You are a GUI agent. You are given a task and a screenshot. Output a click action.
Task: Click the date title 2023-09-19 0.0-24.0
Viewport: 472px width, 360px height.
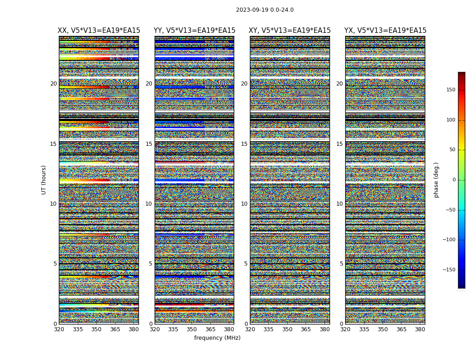tap(264, 10)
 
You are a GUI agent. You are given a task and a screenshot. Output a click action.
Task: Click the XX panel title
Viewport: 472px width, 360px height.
tap(99, 31)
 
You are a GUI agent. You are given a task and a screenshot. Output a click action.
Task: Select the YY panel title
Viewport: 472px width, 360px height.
tap(194, 31)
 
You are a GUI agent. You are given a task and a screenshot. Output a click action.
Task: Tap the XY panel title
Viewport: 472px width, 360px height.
tap(289, 31)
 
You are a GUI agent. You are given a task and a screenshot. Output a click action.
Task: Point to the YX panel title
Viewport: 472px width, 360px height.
tap(385, 31)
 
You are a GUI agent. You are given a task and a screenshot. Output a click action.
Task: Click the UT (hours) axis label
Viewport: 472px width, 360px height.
tap(44, 180)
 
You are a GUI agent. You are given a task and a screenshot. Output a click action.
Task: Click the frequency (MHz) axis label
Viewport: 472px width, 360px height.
tap(217, 338)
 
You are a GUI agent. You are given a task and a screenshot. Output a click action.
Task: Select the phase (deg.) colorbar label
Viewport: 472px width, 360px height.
tap(436, 180)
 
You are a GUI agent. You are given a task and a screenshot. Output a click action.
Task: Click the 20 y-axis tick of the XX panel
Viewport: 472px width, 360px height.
tap(53, 84)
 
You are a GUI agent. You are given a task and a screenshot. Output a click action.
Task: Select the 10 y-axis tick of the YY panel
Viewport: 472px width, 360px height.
tap(149, 204)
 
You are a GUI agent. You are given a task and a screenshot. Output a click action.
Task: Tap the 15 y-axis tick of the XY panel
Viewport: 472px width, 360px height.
tap(244, 144)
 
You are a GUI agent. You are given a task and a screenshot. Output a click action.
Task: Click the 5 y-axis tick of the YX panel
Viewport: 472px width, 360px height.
tap(341, 264)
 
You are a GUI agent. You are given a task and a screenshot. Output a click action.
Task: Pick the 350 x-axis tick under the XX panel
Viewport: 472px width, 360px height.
tap(96, 329)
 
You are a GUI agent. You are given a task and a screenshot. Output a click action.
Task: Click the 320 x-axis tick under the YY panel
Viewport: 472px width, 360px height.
tap(155, 329)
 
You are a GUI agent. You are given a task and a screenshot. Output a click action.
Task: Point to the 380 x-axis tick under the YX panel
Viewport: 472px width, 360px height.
tap(420, 329)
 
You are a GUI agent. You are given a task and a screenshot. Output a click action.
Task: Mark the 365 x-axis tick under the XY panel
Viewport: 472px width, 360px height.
tap(306, 329)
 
